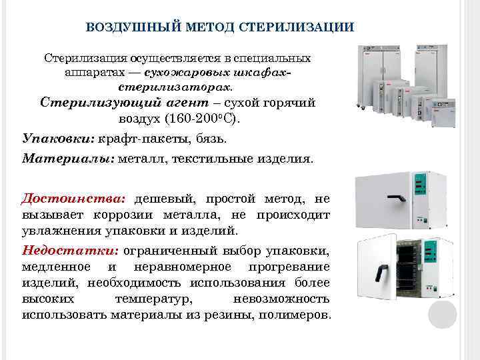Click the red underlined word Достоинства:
73,199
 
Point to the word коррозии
133,215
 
